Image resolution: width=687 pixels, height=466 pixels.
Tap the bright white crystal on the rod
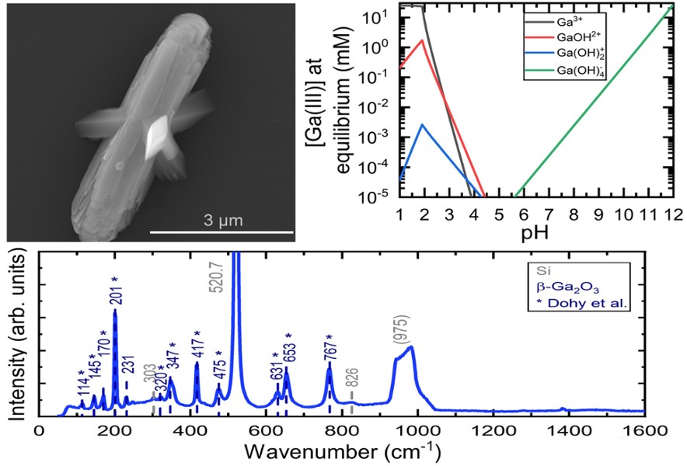(162, 132)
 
